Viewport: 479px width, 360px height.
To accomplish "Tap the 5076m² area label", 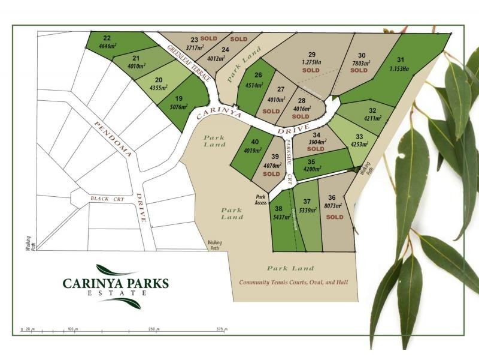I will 178,108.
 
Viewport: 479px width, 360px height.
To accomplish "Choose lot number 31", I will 401,59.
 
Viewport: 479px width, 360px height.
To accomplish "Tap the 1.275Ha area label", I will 312,62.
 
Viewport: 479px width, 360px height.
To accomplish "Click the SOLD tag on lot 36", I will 335,217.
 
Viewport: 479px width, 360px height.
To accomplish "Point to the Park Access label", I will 261,200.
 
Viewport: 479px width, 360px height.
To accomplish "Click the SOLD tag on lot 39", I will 271,173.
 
